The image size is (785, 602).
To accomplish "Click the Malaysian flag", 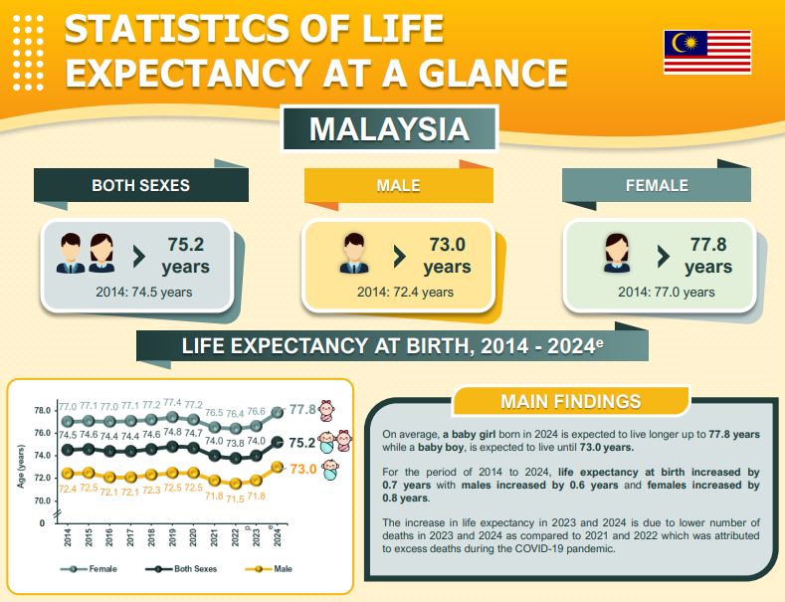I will pos(707,52).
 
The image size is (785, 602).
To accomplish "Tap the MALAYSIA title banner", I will pos(389,129).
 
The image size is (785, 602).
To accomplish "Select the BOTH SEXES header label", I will pos(141,186).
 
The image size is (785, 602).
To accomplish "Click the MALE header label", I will pos(398,186).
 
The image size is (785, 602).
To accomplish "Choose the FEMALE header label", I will pos(657,186).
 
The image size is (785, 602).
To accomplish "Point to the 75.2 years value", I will pos(186,255).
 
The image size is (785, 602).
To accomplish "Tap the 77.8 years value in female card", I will pos(708,255).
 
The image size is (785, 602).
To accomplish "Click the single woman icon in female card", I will pos(618,253).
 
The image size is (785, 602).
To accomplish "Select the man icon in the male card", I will pos(354,253).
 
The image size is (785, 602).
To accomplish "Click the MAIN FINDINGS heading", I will pos(570,402).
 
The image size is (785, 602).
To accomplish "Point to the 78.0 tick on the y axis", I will pos(41,411).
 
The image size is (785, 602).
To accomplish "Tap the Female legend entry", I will pos(90,568).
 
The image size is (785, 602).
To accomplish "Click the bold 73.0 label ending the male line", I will pos(302,468).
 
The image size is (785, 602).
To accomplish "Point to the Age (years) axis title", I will pos(20,469).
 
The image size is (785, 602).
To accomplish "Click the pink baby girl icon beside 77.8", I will pos(332,409).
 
